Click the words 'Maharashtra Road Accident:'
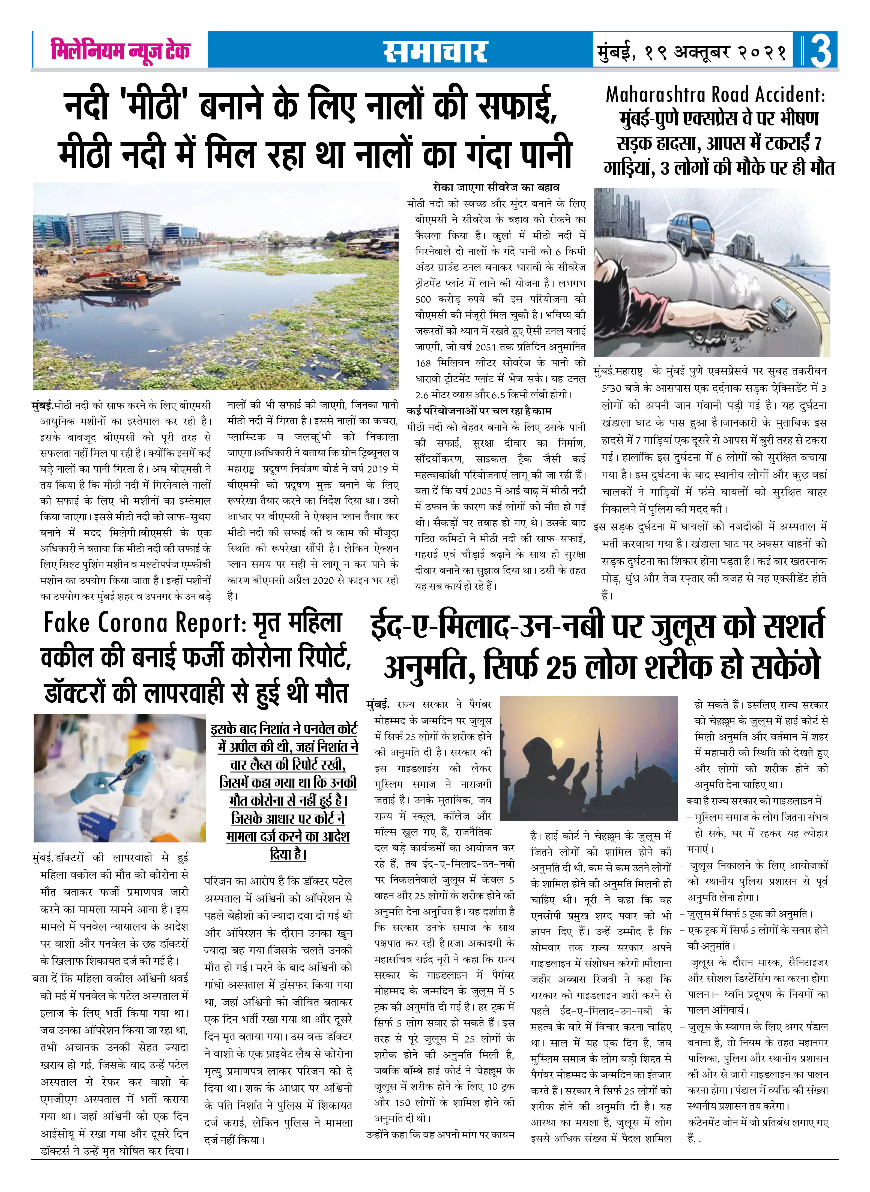[715, 95]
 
